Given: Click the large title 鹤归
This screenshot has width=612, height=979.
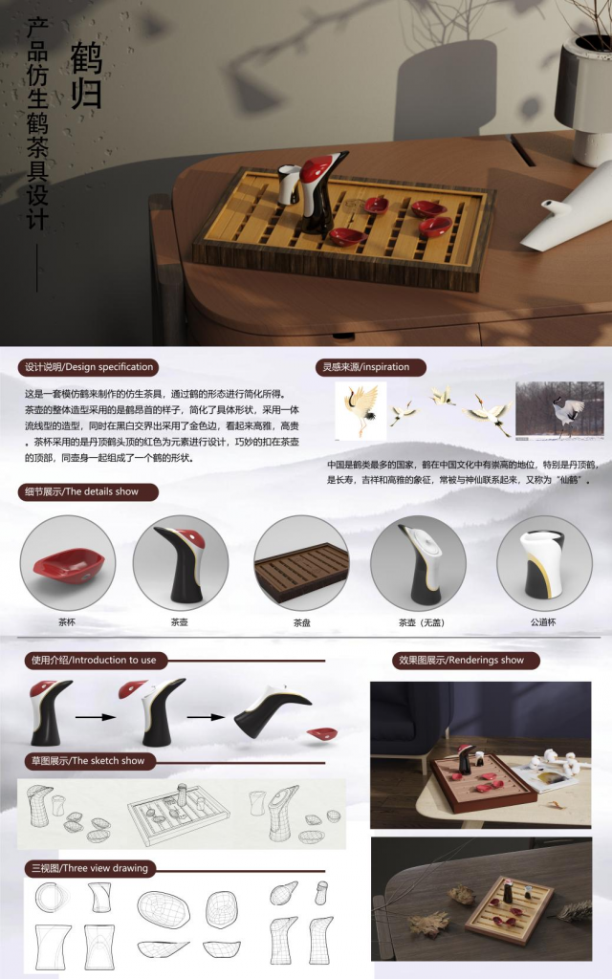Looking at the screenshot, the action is (x=86, y=76).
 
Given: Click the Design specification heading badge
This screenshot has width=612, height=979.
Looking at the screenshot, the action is (x=88, y=367).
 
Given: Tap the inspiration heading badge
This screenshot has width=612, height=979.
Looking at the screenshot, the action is (x=371, y=367).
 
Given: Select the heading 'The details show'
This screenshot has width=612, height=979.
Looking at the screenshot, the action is (x=88, y=492).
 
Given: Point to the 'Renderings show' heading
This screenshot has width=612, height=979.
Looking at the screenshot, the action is (x=466, y=660).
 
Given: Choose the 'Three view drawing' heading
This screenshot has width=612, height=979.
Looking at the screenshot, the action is (x=90, y=868).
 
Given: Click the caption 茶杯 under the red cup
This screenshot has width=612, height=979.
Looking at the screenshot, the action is (x=67, y=622).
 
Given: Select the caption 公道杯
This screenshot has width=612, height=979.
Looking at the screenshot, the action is (x=543, y=622).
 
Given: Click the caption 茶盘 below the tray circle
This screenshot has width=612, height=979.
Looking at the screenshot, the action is (x=301, y=622).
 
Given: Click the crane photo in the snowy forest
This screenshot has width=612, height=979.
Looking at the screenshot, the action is (x=559, y=411).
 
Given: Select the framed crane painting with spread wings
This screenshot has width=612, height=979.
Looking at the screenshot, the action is (x=361, y=411).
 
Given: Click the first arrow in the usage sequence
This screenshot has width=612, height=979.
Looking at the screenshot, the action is (x=96, y=717).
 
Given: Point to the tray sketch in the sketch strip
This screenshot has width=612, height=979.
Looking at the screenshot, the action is (x=178, y=813).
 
